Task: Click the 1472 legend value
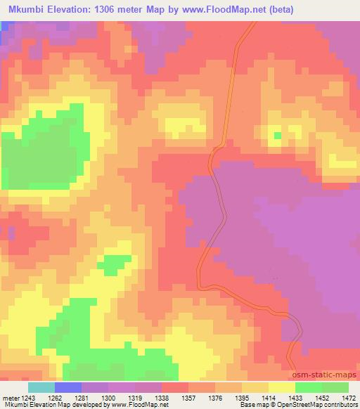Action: [x=340, y=397]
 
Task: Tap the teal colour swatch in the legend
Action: [x=41, y=387]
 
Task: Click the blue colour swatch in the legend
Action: [x=68, y=387]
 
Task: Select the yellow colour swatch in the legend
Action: [x=282, y=387]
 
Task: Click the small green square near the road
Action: [x=277, y=135]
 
